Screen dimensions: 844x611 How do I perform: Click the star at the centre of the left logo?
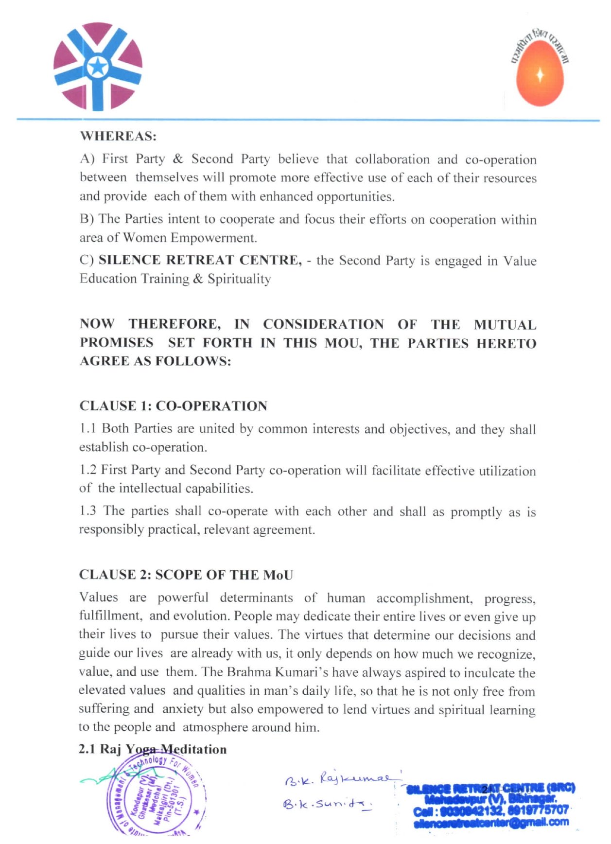coord(98,67)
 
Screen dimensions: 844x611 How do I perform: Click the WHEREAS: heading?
coord(118,136)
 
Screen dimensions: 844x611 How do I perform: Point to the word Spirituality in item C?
coord(239,279)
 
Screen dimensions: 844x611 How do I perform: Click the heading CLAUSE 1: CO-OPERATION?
coord(173,406)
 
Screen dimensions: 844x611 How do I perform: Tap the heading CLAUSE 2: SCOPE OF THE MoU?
coord(186,575)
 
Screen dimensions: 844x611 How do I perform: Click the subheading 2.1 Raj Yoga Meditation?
coord(153,749)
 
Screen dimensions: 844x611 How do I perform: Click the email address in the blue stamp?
coord(491,823)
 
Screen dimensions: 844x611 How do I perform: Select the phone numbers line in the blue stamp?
coord(491,810)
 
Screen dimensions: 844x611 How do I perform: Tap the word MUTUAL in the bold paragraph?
coord(505,324)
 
